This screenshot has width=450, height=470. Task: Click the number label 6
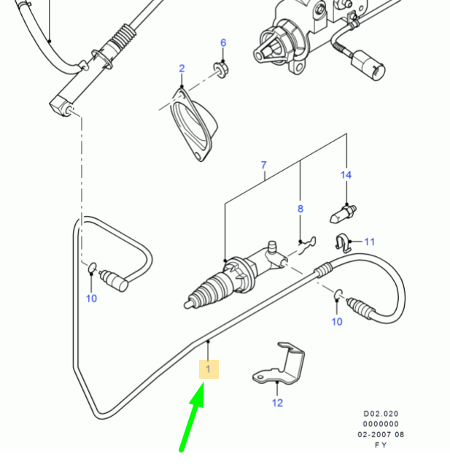point(223,42)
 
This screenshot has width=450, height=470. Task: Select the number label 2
point(182,69)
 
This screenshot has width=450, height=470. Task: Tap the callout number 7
point(264,165)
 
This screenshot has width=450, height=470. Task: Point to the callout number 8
point(300,209)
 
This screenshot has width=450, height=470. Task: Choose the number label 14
point(346,175)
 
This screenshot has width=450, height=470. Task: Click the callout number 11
point(369,242)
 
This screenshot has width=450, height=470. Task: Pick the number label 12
point(277,402)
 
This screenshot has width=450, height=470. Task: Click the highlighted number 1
point(208,370)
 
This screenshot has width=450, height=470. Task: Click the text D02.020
point(381,412)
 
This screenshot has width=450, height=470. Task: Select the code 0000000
point(381,423)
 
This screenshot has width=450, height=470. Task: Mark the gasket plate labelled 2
point(195,121)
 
